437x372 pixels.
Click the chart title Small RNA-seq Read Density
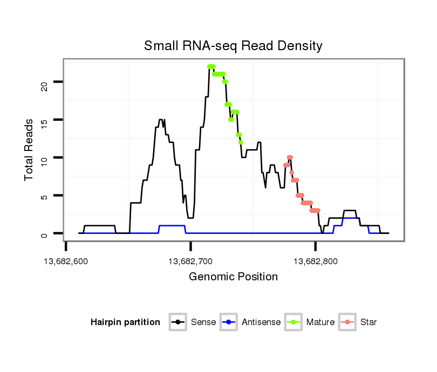233,46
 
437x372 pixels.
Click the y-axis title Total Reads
29,150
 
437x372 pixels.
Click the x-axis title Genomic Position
233,277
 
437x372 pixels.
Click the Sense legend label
203,322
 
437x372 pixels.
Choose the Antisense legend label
261,322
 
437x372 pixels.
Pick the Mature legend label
320,322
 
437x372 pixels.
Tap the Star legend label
368,322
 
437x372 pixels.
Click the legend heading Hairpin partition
125,322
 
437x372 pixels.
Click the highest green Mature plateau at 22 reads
211,67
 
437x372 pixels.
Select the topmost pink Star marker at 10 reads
290,157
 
